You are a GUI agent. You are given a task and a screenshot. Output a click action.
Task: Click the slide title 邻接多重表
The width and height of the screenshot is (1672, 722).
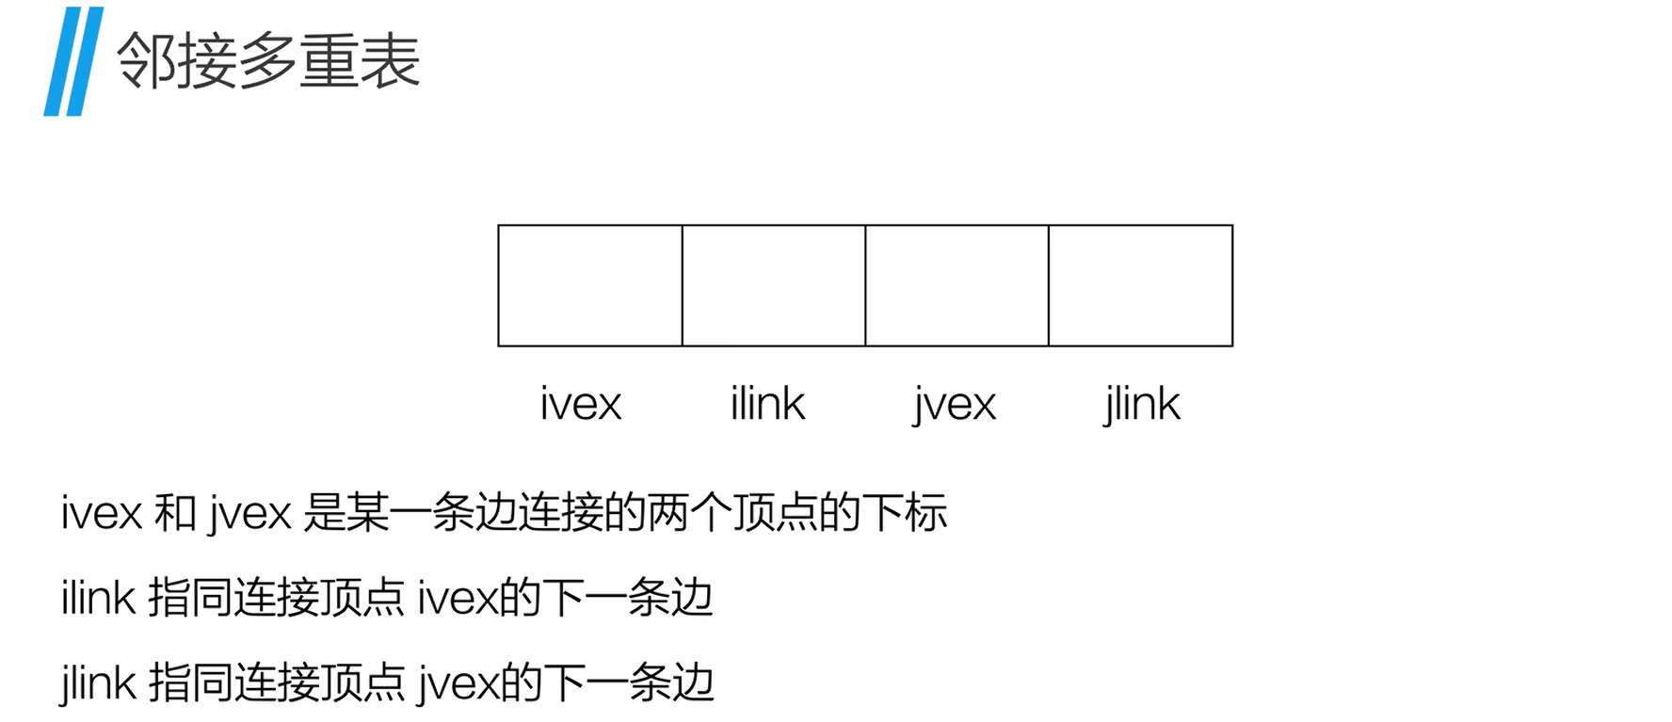tap(268, 61)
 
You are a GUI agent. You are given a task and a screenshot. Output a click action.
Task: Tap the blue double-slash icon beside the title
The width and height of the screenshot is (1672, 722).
tap(73, 62)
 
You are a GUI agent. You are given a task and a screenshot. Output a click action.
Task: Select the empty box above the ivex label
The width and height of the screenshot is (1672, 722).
tap(590, 285)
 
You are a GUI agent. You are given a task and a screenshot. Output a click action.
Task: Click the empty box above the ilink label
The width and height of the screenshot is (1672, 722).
tap(774, 285)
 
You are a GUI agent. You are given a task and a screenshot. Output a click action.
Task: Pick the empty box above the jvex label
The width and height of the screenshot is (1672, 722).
tap(957, 285)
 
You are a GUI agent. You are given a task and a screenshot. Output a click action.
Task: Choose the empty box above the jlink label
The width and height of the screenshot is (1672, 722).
tap(1140, 285)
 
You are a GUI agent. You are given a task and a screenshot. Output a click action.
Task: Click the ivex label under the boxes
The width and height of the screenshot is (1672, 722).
tap(581, 404)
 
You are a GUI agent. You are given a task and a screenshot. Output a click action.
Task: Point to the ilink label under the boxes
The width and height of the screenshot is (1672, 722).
tap(767, 404)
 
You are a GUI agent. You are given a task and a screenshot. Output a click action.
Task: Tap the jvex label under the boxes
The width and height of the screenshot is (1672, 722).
tap(954, 405)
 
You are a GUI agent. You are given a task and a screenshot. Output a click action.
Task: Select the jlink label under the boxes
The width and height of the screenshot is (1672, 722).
tap(1141, 405)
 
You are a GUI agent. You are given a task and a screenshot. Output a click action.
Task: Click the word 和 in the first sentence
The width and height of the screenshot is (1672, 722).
tap(175, 513)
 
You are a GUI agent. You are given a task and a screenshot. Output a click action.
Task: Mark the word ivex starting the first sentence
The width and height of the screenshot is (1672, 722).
tap(102, 513)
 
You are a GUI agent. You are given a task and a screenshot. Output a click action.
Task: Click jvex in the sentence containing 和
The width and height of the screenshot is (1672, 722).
tap(249, 514)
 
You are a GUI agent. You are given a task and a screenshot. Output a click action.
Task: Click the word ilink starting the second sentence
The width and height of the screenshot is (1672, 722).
tap(98, 598)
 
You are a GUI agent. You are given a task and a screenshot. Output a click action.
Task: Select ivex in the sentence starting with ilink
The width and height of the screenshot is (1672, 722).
tap(457, 598)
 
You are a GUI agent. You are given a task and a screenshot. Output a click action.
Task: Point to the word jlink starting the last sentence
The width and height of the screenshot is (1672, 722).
tap(98, 682)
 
